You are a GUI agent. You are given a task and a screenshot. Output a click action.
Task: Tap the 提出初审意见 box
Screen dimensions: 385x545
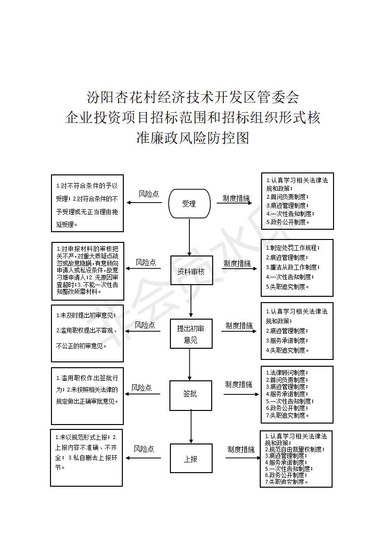pos(191,334)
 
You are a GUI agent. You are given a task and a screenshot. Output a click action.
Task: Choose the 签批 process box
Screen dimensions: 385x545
pos(191,395)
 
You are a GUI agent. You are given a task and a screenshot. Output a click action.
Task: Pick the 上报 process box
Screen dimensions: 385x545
pos(191,458)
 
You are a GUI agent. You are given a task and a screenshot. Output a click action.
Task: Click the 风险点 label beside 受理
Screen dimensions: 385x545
pos(149,194)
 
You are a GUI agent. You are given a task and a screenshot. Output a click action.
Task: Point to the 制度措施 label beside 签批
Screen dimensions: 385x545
pos(238,384)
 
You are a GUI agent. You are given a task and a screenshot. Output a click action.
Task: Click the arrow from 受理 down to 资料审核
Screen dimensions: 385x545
pos(190,237)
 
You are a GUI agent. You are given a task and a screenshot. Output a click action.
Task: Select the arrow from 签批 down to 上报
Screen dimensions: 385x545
pos(191,427)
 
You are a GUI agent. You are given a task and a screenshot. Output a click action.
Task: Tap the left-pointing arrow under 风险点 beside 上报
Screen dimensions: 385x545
pos(143,458)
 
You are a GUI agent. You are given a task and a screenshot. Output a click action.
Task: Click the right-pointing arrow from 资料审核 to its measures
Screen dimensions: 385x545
pos(235,269)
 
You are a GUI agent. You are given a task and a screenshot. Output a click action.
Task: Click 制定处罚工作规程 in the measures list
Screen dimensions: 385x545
pos(293,248)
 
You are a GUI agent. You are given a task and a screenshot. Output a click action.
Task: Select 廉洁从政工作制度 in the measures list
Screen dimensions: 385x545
pos(293,267)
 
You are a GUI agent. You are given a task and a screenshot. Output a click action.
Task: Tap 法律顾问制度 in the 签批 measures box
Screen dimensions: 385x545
pos(287,373)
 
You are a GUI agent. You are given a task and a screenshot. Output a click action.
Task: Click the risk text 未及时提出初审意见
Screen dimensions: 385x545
pos(86,315)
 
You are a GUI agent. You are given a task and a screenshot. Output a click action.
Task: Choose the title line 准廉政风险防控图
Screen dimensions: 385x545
pos(193,138)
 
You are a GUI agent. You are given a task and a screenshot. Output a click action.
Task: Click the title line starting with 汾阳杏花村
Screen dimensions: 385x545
pos(193,97)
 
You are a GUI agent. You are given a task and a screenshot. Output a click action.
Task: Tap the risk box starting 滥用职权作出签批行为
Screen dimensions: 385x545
pos(87,396)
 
